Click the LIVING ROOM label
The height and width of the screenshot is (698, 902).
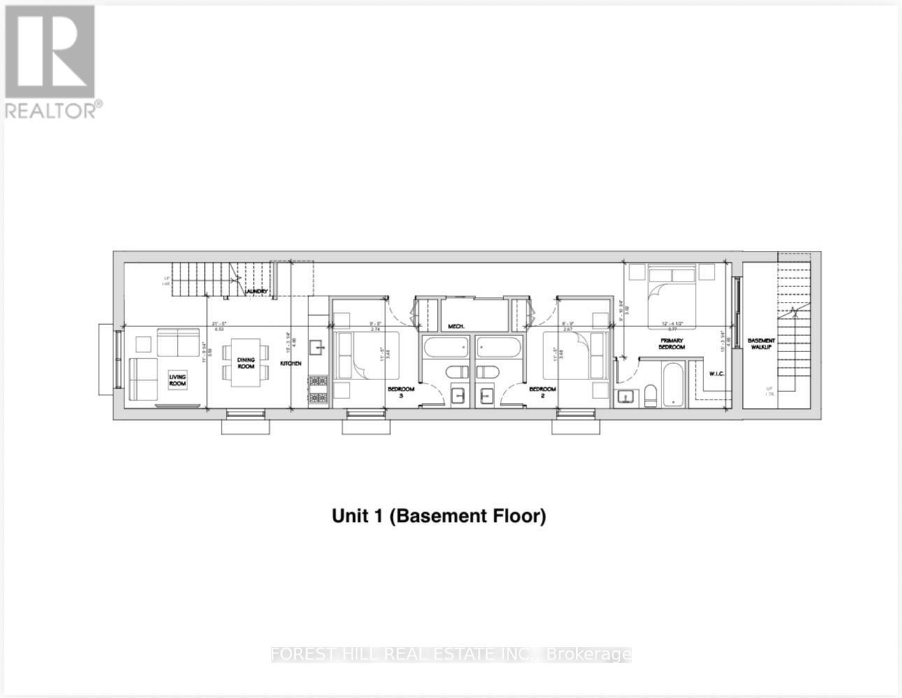178,380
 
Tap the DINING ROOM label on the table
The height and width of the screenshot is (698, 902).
245,363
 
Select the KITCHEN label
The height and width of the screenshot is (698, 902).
291,364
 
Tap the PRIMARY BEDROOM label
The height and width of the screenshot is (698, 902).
671,344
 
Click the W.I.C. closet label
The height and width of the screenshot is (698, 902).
716,373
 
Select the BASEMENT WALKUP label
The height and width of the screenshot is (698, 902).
761,344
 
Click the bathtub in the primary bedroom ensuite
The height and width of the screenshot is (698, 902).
673,384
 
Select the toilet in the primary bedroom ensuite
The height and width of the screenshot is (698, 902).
650,395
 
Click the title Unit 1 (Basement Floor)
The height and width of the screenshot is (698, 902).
438,516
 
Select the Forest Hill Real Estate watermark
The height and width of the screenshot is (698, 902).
451,655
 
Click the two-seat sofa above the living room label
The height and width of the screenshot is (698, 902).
178,343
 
